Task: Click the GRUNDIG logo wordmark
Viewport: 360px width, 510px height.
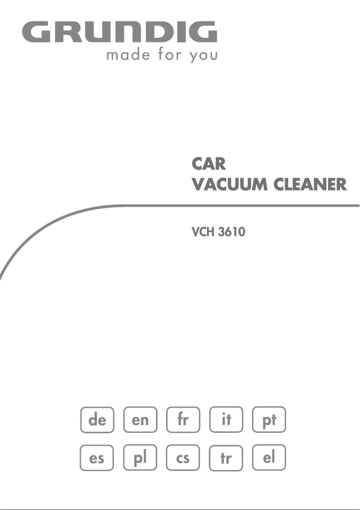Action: [x=119, y=32]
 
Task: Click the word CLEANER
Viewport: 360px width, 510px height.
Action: [x=310, y=184]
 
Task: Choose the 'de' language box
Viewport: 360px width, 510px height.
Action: [x=97, y=420]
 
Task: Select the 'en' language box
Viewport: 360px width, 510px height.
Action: [x=140, y=420]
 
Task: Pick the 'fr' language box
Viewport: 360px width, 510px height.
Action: [x=183, y=420]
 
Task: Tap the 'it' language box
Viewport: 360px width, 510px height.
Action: [x=226, y=420]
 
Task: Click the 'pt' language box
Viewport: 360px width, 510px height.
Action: [x=269, y=420]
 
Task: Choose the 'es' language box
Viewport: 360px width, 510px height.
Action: [x=97, y=458]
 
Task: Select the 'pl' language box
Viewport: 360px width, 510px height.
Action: [x=140, y=458]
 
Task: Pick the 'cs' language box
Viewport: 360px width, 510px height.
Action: [x=183, y=458]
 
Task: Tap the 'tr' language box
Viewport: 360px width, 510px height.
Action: [x=226, y=458]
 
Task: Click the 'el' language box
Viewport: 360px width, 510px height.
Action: [x=269, y=458]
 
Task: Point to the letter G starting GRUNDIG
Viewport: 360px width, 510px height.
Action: [x=36, y=32]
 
